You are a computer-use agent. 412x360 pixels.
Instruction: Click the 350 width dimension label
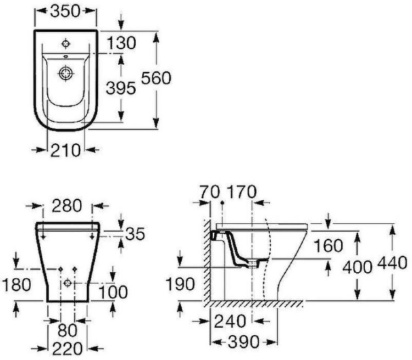pyautogui.click(x=65, y=11)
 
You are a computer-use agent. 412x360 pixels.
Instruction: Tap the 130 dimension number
pyautogui.click(x=121, y=43)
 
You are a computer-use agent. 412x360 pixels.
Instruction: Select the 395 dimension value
pyautogui.click(x=121, y=88)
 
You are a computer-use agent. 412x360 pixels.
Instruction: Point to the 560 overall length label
pyautogui.click(x=156, y=78)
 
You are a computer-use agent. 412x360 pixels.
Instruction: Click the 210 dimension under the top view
pyautogui.click(x=65, y=150)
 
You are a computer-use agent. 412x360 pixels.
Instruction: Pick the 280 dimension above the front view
pyautogui.click(x=66, y=206)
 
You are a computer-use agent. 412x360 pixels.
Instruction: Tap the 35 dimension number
pyautogui.click(x=135, y=234)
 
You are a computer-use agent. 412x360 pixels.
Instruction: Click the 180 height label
pyautogui.click(x=16, y=284)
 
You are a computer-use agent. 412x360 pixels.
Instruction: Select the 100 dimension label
pyautogui.click(x=113, y=292)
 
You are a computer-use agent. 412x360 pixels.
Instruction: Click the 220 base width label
pyautogui.click(x=67, y=349)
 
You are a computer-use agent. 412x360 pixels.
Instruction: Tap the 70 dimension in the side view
pyautogui.click(x=209, y=192)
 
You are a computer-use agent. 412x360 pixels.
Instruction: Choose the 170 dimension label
pyautogui.click(x=242, y=192)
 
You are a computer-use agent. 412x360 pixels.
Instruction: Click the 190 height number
pyautogui.click(x=180, y=284)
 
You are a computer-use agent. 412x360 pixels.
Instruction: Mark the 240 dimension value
pyautogui.click(x=230, y=321)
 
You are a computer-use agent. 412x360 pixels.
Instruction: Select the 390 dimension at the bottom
pyautogui.click(x=243, y=342)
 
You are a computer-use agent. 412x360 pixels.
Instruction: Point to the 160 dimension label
pyautogui.click(x=329, y=246)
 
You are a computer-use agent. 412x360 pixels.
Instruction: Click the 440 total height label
pyautogui.click(x=392, y=262)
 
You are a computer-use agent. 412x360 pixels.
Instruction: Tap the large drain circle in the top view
pyautogui.click(x=65, y=73)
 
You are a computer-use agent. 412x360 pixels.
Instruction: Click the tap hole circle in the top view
pyautogui.click(x=65, y=43)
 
